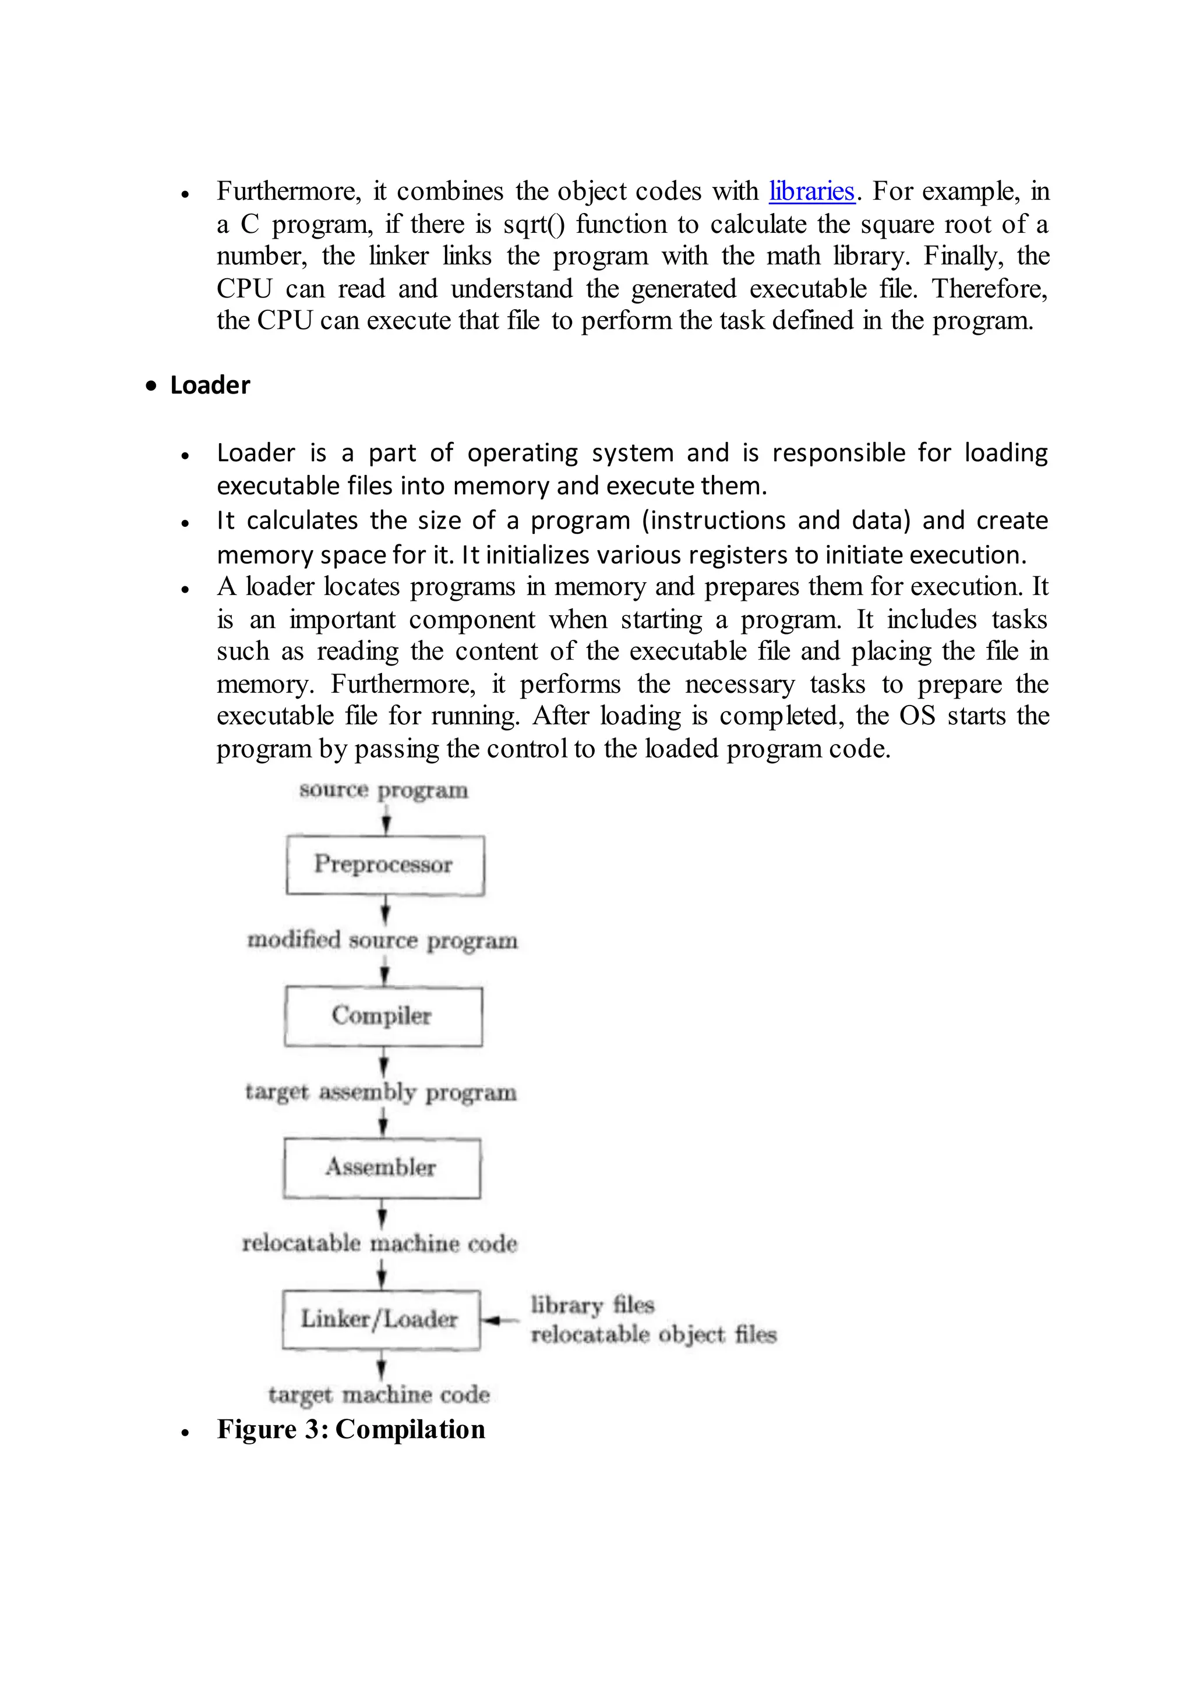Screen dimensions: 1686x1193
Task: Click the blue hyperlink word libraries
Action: point(811,192)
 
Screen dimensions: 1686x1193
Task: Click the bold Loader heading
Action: point(210,385)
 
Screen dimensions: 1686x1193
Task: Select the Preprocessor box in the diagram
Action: point(384,865)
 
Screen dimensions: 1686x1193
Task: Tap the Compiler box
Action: point(383,1016)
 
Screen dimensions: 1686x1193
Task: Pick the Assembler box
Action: point(382,1168)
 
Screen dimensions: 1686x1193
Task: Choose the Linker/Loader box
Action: point(380,1320)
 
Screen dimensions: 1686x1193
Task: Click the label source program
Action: point(383,791)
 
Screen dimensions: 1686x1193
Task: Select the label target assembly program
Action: point(380,1093)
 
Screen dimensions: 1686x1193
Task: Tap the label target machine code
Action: point(379,1394)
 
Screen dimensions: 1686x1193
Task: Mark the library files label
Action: point(592,1305)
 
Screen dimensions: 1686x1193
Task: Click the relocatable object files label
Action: point(653,1334)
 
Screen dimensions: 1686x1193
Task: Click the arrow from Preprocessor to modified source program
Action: point(385,912)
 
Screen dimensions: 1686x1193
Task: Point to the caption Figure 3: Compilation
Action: point(351,1430)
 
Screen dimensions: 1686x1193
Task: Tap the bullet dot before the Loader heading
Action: point(151,386)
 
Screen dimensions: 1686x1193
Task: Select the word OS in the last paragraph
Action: point(917,716)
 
